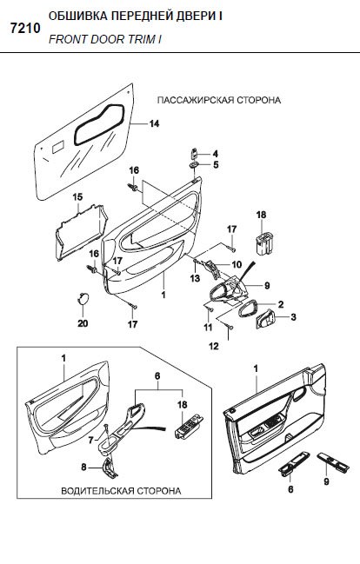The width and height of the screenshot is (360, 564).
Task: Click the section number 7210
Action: click(25, 29)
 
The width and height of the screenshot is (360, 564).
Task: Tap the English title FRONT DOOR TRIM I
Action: click(104, 39)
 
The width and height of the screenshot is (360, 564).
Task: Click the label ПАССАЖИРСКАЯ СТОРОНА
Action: click(219, 100)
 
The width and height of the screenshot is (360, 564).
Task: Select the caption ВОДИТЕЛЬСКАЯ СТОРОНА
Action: click(121, 491)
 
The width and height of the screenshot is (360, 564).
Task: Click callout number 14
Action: click(154, 123)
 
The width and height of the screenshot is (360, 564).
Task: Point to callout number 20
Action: click(83, 323)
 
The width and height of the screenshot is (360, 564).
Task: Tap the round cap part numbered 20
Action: click(83, 299)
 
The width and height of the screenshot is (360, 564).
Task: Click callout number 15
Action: click(77, 197)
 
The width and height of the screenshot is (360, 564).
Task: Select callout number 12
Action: click(214, 346)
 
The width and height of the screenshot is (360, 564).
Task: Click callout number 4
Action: click(216, 154)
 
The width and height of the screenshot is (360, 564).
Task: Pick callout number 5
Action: click(216, 165)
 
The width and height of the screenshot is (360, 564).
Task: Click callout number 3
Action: click(293, 317)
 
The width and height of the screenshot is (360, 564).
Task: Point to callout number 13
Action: click(195, 278)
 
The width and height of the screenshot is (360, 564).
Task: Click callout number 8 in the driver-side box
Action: click(83, 468)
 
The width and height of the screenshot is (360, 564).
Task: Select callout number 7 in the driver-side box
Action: click(90, 440)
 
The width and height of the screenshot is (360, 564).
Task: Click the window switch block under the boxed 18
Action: click(190, 426)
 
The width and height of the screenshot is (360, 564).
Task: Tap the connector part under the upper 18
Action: click(263, 243)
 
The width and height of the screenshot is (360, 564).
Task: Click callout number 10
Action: click(237, 265)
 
